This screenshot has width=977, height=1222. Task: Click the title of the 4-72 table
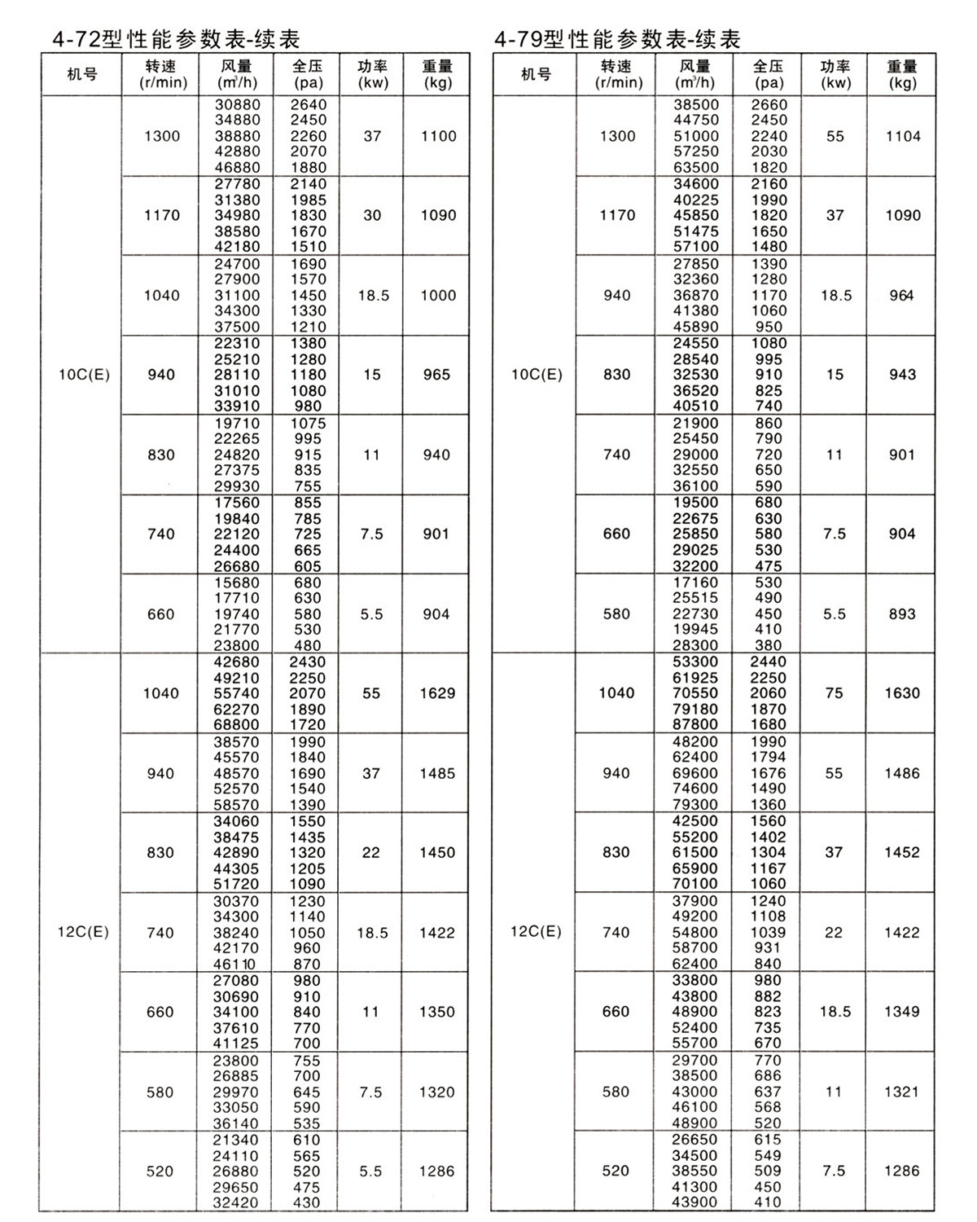coord(170,38)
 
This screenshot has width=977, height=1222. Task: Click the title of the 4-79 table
coord(616,38)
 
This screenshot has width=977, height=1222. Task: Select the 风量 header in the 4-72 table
coord(237,74)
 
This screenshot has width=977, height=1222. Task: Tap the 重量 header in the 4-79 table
coord(902,74)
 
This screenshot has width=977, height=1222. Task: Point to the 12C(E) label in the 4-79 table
coord(536,932)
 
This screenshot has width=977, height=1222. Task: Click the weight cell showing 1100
coord(438,136)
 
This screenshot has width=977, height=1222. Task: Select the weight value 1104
coord(903,136)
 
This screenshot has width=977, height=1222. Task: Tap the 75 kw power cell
coord(835,693)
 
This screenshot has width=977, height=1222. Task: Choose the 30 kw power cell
coord(372,215)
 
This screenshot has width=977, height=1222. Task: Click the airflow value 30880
coord(237,104)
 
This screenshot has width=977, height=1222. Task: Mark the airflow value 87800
coord(695,724)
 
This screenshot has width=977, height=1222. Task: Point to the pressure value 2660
coord(769,104)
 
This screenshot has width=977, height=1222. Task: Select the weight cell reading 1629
coord(437,693)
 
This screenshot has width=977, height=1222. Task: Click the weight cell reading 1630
coord(902,693)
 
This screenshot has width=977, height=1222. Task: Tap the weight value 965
coord(436,375)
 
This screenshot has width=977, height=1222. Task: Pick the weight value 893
coord(902,614)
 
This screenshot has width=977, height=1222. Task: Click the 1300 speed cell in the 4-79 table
coord(617,136)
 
